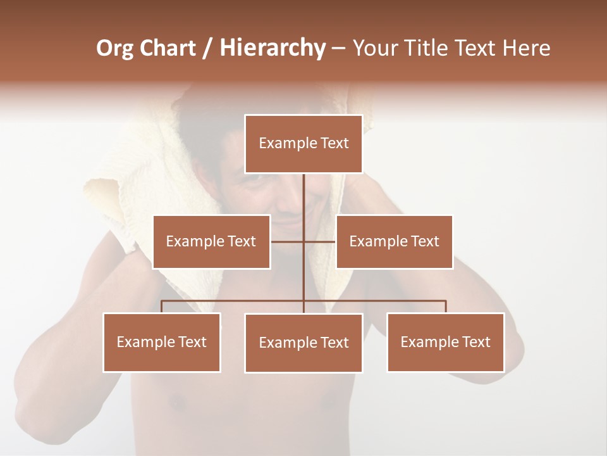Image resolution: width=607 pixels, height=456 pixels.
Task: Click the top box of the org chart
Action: coord(303,144)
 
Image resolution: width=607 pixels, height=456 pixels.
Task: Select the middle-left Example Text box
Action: coord(211,241)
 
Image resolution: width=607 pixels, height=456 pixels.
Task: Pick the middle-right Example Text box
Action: coord(394,241)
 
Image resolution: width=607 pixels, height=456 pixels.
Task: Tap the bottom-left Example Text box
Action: coord(162,342)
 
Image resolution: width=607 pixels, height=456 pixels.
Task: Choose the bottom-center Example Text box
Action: coord(303,343)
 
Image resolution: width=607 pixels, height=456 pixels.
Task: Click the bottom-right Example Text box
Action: coord(445,342)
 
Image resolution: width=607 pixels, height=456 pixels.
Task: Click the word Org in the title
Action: coord(114,48)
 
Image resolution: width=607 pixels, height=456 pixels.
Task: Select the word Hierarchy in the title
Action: coord(272,48)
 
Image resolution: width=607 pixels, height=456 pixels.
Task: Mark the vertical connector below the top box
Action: coord(303,196)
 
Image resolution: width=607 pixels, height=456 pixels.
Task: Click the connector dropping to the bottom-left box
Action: coord(162,307)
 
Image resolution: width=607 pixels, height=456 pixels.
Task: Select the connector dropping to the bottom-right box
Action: coord(445,307)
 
